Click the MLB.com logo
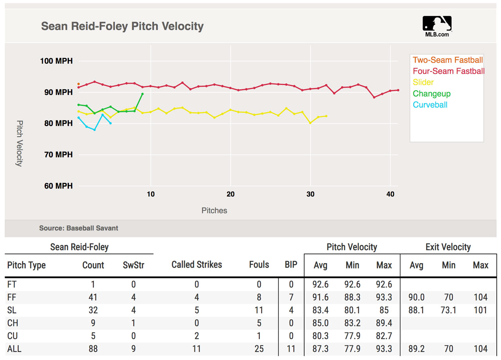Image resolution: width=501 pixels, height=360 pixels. coord(437,26)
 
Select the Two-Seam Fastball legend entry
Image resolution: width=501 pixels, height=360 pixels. coord(447,60)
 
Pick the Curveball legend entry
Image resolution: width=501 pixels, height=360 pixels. coord(430,105)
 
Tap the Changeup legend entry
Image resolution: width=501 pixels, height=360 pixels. coord(432,94)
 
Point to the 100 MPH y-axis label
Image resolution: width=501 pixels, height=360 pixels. coord(56,61)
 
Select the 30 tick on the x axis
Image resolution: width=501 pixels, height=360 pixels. coord(310,194)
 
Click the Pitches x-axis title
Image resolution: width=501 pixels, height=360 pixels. coord(214,211)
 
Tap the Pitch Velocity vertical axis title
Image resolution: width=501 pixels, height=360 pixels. coord(19,143)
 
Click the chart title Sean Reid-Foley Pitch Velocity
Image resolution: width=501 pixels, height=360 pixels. coord(122,26)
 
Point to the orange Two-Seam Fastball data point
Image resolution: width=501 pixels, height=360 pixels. coord(79,84)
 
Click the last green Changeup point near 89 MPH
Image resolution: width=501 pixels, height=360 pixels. coord(142,94)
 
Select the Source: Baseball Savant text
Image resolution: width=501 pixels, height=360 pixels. coord(78,228)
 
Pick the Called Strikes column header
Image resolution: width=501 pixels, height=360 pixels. coord(196,265)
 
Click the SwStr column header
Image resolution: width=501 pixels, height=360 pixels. coord(133,265)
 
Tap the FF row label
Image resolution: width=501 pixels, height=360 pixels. coord(12,297)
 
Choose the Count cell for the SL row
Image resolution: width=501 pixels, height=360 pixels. coord(93,310)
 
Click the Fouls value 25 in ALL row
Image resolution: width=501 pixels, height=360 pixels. coord(259,349)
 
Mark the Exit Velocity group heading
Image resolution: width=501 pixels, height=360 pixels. coord(448,247)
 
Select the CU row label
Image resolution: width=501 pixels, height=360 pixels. coord(13,336)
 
